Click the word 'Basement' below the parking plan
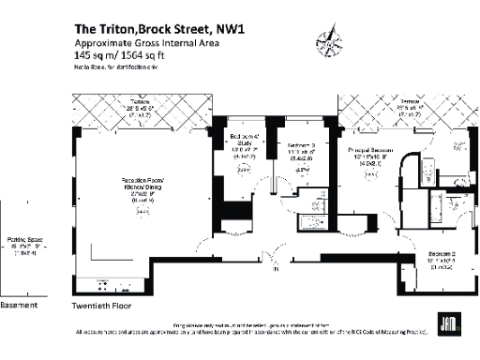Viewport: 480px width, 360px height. point(19,306)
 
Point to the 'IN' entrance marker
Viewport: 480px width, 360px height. point(275,270)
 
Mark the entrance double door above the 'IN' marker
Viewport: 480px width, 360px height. point(275,255)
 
